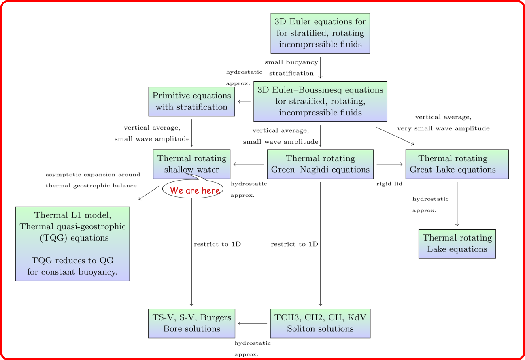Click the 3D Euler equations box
320,33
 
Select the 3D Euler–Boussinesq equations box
320,101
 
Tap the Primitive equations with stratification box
191,101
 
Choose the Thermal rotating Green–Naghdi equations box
320,164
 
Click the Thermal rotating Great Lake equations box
457,164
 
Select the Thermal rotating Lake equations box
457,243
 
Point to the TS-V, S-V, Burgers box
191,323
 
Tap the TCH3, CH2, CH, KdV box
320,323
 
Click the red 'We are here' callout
194,190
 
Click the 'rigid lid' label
389,184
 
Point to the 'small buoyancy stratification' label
291,68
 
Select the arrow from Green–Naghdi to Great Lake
389,164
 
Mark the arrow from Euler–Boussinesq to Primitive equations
244,101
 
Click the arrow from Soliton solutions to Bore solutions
253,323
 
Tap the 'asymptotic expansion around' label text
93,175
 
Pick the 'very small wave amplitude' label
443,128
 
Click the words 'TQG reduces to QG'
72,260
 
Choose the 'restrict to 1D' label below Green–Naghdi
294,244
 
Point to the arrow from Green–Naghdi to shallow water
249,164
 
